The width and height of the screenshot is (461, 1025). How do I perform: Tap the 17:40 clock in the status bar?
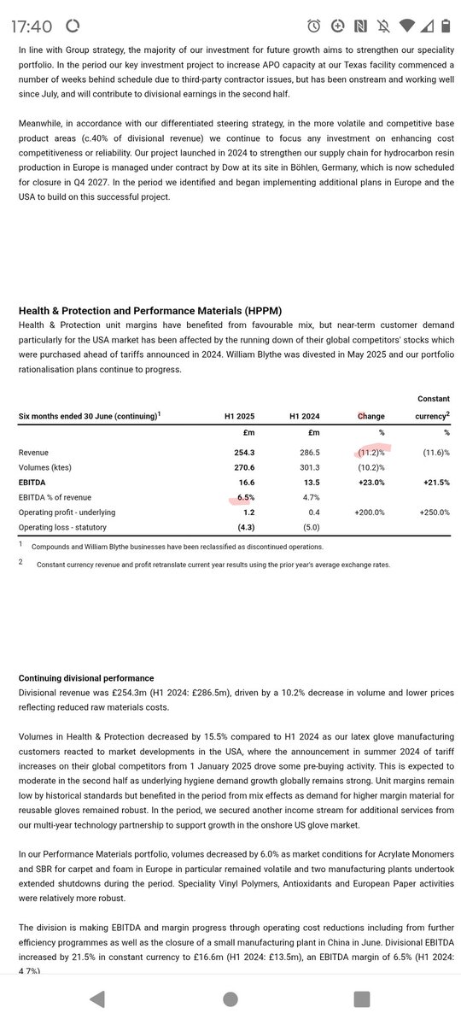(32, 26)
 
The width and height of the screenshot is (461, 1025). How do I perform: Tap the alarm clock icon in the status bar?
(315, 26)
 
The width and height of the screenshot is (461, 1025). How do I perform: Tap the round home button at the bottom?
(230, 999)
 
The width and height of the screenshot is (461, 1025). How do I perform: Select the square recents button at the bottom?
(362, 999)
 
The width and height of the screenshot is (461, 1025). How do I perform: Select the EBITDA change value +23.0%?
(370, 482)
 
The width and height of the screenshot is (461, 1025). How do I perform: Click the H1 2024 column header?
(304, 416)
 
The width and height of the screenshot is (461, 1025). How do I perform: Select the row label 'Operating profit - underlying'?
(67, 512)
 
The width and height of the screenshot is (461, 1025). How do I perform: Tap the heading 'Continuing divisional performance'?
(86, 677)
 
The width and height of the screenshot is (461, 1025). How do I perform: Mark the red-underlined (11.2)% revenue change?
(371, 451)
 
